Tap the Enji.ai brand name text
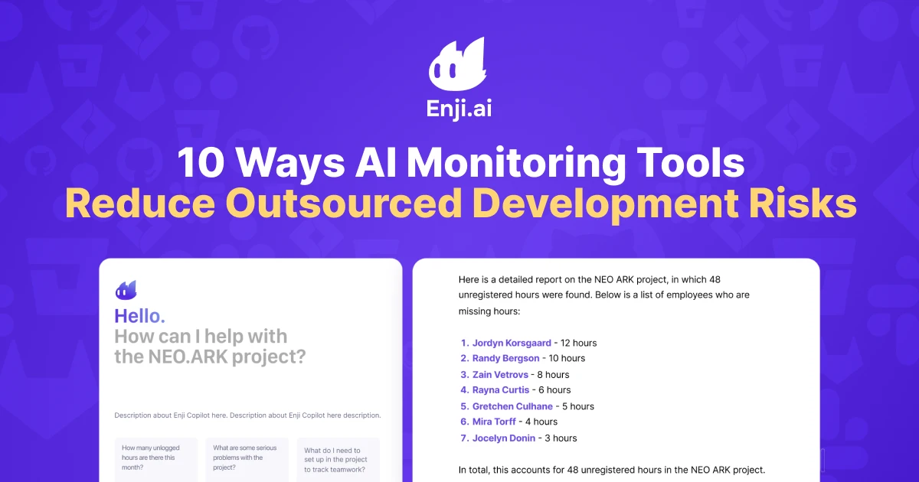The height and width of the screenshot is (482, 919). pos(459,109)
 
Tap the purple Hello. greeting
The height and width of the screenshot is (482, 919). pos(139,315)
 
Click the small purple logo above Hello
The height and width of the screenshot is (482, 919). pos(126,290)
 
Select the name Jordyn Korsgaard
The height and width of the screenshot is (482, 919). pos(512,343)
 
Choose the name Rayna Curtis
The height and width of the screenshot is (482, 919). pos(502,390)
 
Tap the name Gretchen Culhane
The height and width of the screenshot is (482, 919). pos(511,406)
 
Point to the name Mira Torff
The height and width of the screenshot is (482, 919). pos(494,422)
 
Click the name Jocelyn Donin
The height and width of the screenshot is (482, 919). pos(504,438)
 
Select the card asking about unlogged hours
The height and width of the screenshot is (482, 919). pos(156,459)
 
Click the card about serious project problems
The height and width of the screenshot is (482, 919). pos(247,459)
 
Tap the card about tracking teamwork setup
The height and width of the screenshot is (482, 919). pos(338,460)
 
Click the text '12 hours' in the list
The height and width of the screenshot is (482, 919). pos(578,343)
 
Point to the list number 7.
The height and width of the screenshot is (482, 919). pos(464,438)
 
